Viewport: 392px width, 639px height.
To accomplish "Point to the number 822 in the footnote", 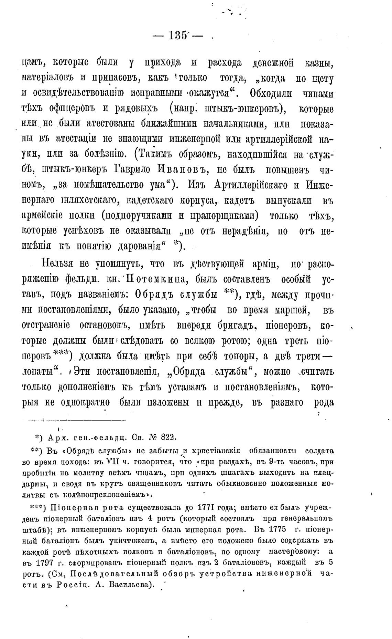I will click(x=168, y=437).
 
